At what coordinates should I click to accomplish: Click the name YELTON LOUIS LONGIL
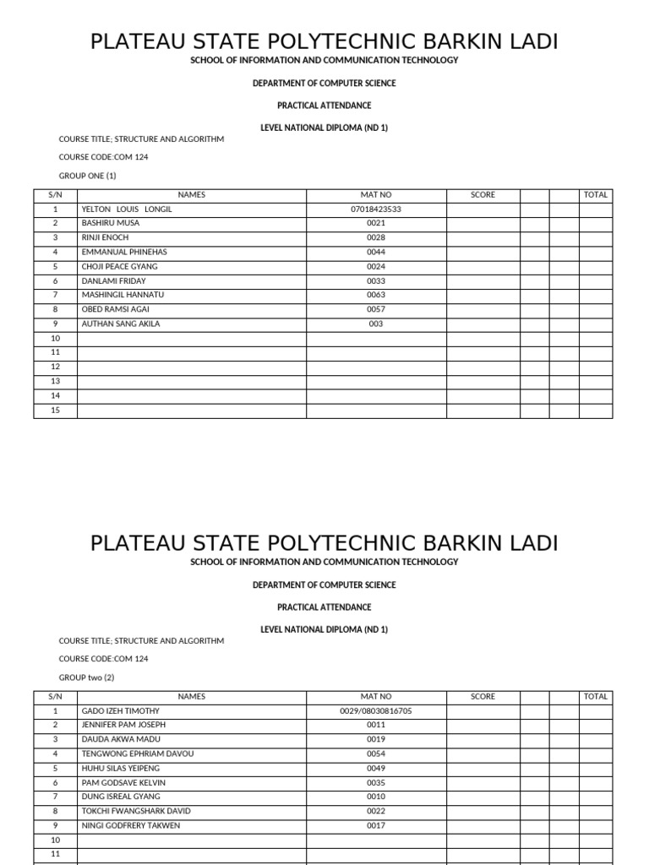point(126,209)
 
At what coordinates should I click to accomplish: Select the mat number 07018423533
point(375,209)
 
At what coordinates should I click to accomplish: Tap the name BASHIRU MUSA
point(111,223)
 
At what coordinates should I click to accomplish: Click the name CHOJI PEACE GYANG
point(119,266)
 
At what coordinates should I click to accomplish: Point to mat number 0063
point(376,295)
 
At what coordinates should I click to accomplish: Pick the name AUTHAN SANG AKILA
point(120,324)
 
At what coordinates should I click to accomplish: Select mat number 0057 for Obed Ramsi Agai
point(376,309)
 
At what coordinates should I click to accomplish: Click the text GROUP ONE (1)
point(87,176)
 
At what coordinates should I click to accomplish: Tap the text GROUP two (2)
point(86,677)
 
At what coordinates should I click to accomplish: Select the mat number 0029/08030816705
point(376,711)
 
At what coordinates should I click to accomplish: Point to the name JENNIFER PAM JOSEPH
point(123,725)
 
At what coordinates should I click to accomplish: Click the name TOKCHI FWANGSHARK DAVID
point(136,811)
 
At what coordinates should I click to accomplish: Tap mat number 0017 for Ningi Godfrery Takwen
point(376,825)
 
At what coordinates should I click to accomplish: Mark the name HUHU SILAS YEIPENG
point(120,768)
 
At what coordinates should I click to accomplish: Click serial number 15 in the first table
point(55,410)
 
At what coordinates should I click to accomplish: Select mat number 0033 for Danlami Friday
point(376,280)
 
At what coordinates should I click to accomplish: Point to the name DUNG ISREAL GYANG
point(121,797)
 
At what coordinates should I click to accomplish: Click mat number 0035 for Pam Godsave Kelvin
point(376,782)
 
